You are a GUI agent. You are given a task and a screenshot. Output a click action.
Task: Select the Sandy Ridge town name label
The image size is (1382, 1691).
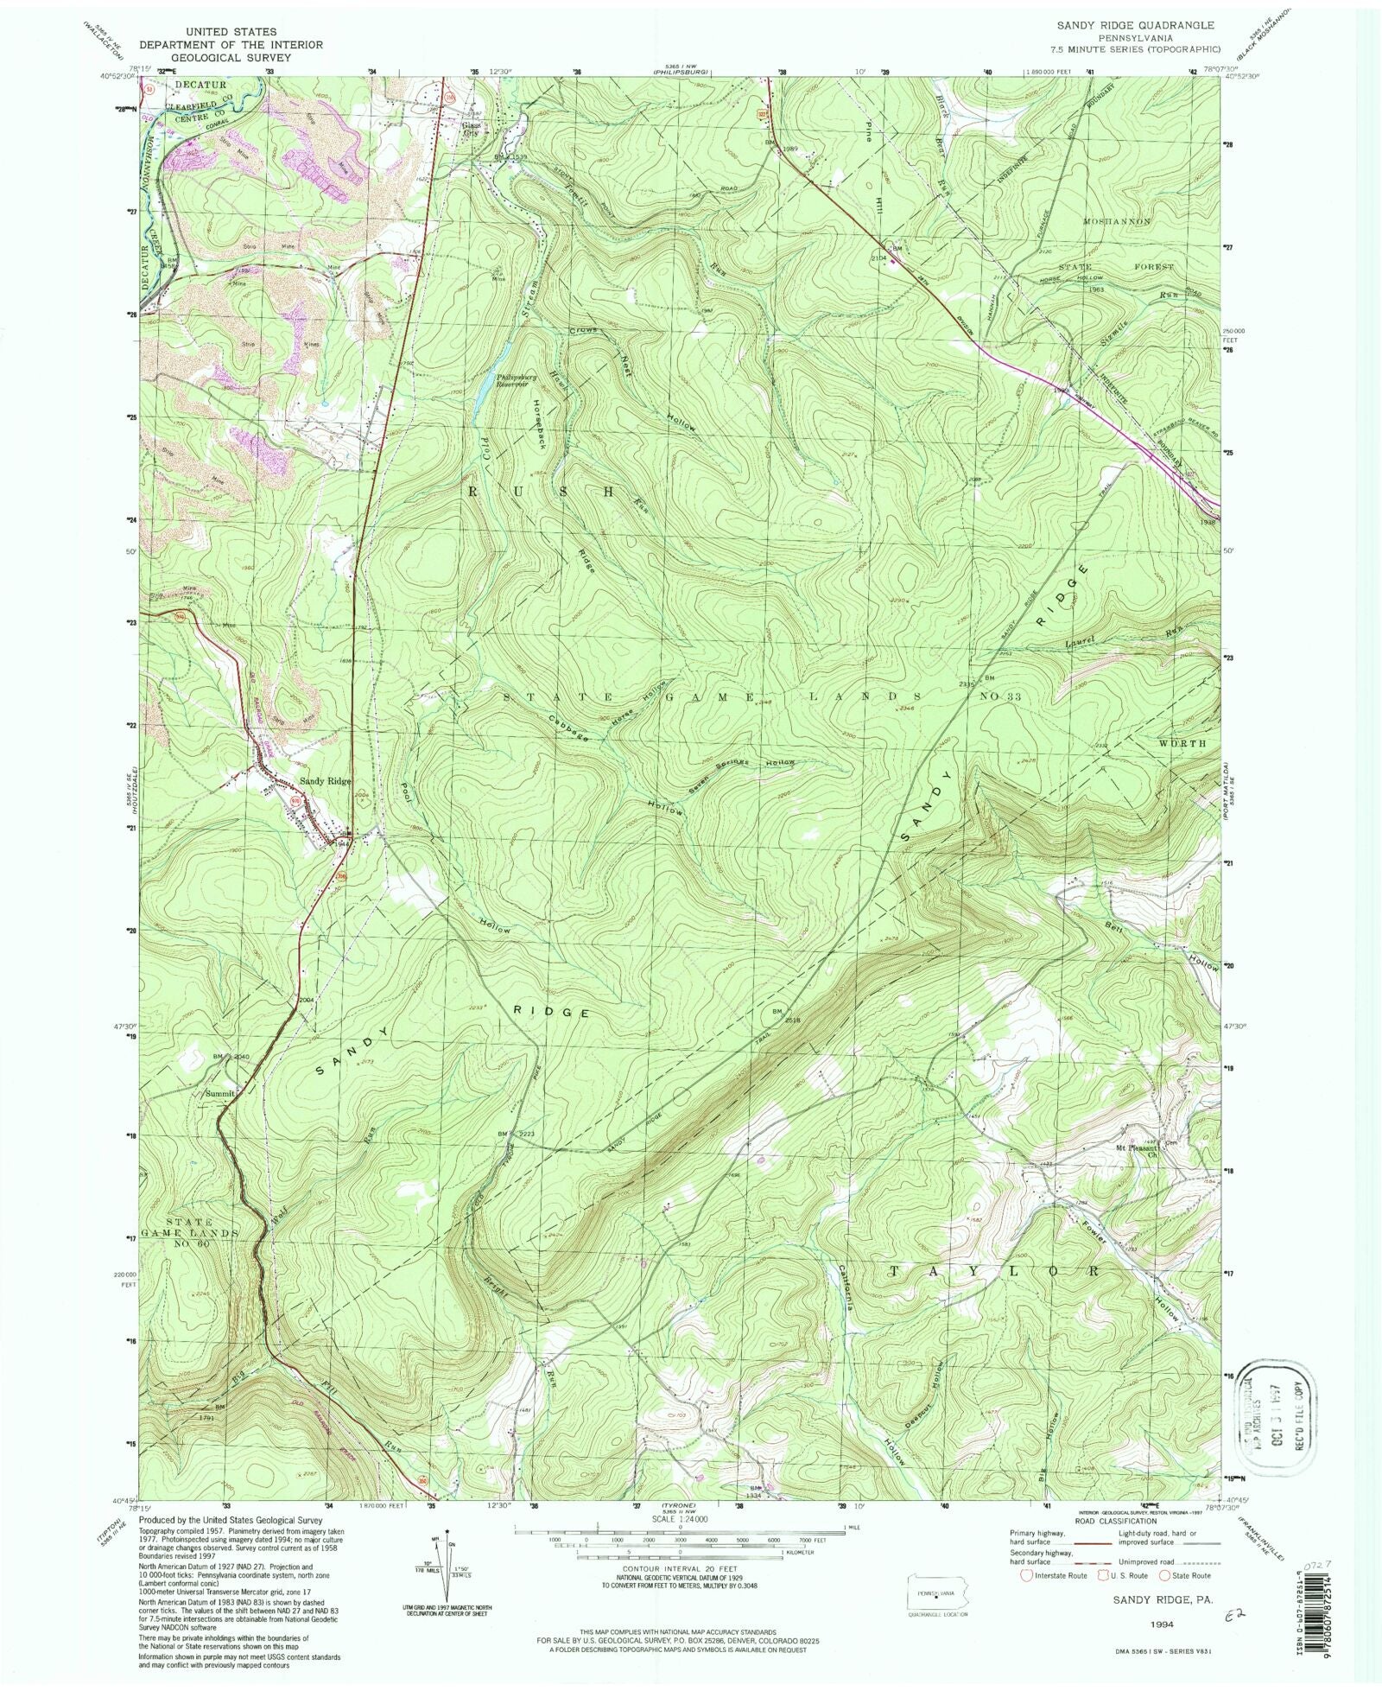325,781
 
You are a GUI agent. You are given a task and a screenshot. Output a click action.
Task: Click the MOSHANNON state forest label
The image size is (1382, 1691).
1117,222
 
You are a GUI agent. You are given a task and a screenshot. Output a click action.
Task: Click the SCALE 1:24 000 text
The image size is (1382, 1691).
679,1520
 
